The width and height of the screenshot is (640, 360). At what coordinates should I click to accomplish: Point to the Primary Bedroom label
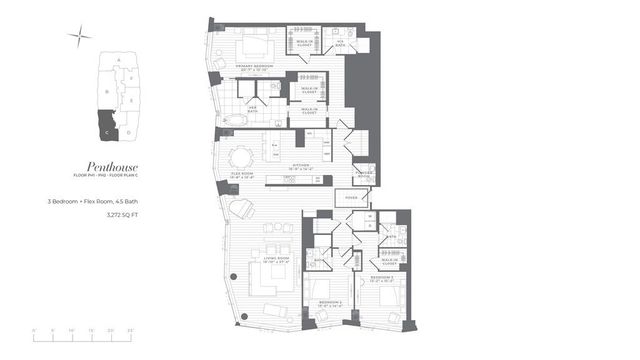coord(256,67)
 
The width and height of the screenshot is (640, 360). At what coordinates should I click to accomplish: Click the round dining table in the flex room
coord(241,156)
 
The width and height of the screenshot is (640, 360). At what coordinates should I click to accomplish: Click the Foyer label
coord(350,198)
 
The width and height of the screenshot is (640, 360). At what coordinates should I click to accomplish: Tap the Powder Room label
coord(365,173)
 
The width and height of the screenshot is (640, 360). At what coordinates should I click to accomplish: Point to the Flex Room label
coord(240,173)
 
